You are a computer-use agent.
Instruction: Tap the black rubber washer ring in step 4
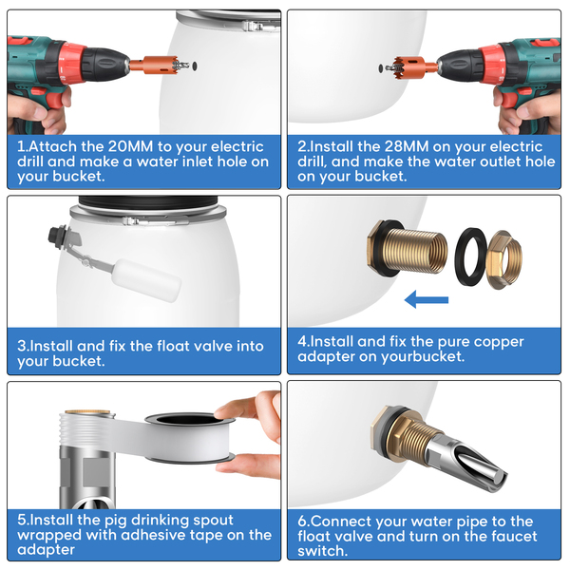[470, 256]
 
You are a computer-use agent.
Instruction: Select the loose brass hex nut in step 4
[504, 259]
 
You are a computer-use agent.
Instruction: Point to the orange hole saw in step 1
[158, 66]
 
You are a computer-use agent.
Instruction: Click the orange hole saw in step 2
[413, 67]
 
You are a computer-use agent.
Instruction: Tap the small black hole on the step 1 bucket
[195, 66]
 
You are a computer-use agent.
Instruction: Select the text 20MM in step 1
[130, 146]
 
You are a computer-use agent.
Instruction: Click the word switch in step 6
[322, 551]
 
